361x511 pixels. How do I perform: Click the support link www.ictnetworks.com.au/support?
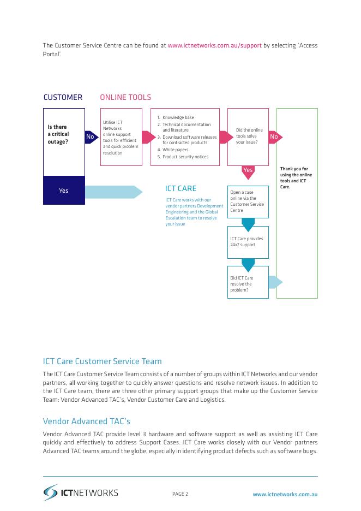click(x=214, y=46)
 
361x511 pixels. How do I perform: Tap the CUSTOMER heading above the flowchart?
click(x=63, y=98)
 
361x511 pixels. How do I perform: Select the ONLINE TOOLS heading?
click(x=125, y=98)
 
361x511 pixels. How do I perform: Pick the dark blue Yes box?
click(x=64, y=191)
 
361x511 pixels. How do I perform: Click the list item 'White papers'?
click(x=175, y=150)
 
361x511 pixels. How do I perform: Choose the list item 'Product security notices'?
click(x=185, y=157)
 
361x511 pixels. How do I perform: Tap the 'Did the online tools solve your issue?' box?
click(x=248, y=136)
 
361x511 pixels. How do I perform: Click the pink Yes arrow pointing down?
click(x=248, y=171)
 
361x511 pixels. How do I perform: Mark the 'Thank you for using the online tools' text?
click(x=294, y=178)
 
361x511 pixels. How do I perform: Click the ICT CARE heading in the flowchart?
click(x=180, y=189)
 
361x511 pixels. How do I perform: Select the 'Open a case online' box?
click(x=248, y=201)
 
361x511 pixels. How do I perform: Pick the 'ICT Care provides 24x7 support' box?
click(x=248, y=242)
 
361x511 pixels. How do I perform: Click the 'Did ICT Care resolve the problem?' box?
click(x=248, y=282)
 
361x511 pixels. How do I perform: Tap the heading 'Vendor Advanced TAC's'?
click(x=87, y=422)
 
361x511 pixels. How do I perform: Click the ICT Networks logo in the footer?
click(x=81, y=492)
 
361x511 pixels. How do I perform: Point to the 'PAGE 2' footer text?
click(x=180, y=495)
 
